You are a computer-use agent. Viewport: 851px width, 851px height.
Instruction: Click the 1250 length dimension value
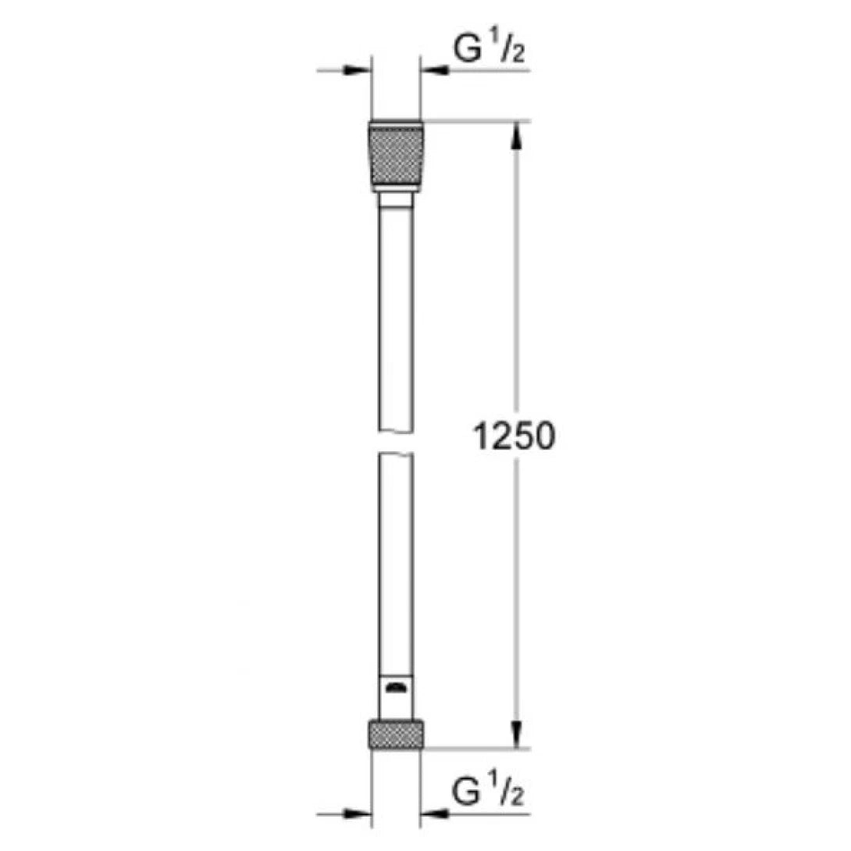click(514, 436)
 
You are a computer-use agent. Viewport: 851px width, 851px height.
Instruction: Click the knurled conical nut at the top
click(396, 154)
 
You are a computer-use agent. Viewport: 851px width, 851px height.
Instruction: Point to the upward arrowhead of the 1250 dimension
click(515, 134)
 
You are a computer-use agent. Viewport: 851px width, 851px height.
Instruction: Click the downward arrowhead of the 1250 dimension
click(515, 734)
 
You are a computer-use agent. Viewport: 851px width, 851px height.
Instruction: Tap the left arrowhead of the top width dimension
click(361, 71)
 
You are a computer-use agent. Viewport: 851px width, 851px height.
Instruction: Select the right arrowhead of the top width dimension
click(431, 71)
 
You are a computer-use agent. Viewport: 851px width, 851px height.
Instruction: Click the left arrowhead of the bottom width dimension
click(361, 815)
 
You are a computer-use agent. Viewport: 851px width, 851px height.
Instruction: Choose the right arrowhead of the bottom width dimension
click(431, 815)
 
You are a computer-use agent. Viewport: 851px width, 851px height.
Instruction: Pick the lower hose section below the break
click(396, 562)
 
